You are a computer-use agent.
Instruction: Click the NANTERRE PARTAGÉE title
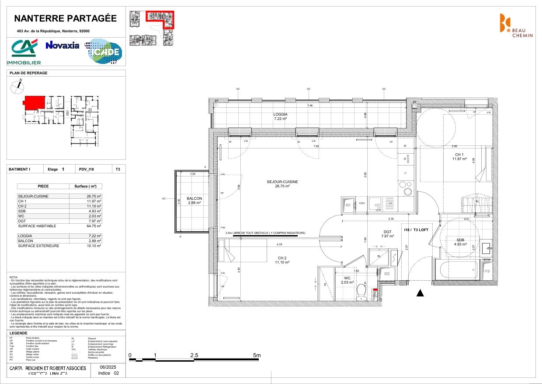tap(66, 18)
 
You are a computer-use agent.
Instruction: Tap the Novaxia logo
tap(63, 45)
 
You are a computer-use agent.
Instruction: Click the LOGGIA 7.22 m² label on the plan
tap(281, 116)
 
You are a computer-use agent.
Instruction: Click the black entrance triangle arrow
tap(420, 293)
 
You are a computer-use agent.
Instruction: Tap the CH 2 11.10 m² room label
tap(282, 260)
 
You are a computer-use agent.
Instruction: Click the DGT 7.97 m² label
tap(388, 234)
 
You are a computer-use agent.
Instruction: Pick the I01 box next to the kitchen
tap(348, 204)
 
